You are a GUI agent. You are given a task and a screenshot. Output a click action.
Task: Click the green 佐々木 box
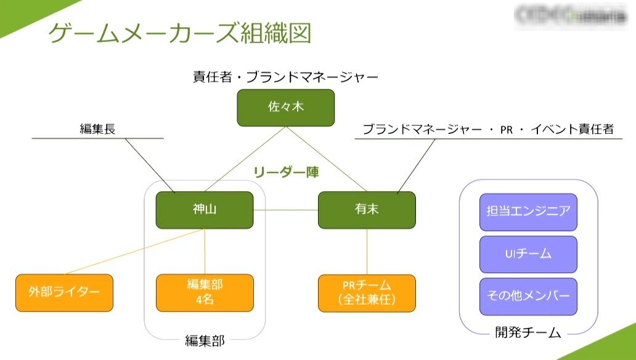285,107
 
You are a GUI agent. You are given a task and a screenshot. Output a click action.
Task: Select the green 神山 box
204,210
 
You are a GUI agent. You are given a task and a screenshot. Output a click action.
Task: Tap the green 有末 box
367,210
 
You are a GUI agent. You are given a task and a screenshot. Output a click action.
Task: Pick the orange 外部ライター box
64,292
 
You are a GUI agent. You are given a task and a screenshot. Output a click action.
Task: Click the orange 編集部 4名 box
204,292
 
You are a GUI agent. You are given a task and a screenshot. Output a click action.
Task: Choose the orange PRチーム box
367,292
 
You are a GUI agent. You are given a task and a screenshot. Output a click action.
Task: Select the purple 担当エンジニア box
528,211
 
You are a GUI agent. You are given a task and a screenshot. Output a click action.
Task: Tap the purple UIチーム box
528,254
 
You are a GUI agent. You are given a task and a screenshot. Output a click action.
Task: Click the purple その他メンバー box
528,296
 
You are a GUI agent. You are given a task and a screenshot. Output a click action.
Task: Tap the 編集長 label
97,129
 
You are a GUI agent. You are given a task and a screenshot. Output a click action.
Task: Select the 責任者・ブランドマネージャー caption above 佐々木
285,78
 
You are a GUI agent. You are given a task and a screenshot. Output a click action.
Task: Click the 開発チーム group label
528,333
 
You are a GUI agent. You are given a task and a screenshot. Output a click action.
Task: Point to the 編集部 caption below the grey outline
205,340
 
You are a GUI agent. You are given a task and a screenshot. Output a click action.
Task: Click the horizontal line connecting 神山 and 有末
285,210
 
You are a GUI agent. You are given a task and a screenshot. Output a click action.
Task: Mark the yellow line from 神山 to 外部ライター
136,252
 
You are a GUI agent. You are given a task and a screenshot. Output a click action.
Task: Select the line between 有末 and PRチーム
367,252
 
